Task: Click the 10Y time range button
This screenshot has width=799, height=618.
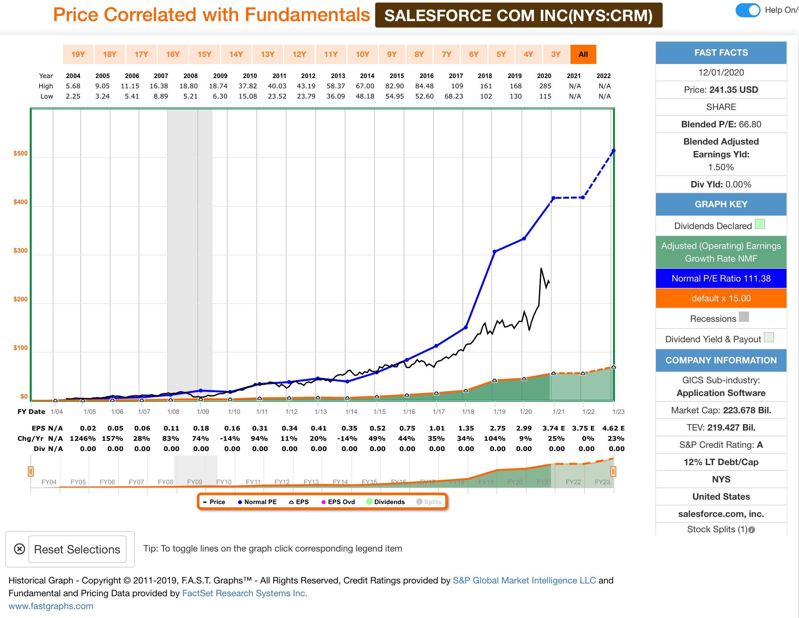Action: point(362,54)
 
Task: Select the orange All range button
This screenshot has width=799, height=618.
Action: point(583,54)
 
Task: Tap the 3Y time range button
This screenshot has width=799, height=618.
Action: point(556,54)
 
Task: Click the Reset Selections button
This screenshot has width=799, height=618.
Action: point(77,549)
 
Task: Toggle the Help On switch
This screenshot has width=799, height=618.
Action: point(748,10)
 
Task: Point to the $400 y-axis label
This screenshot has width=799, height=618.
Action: point(20,202)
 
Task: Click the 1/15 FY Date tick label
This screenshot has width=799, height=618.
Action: point(379,412)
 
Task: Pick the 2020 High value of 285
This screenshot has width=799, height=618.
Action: point(545,86)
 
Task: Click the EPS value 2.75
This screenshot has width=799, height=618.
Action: point(497,428)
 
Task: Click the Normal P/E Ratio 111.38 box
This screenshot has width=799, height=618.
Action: point(721,279)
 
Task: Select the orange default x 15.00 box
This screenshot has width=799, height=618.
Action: point(721,298)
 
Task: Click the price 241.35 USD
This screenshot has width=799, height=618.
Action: point(733,90)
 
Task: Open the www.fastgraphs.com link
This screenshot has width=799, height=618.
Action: point(51,606)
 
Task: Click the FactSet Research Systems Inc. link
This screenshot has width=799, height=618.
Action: point(244,593)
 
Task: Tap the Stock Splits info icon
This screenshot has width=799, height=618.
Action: point(752,530)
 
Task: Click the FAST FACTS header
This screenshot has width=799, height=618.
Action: point(721,53)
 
